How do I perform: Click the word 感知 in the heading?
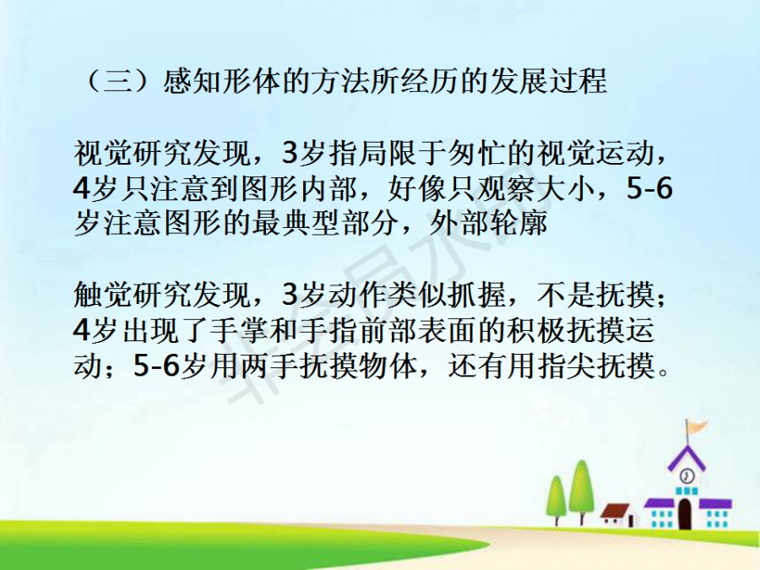192,81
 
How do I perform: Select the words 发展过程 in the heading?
548,81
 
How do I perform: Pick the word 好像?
417,188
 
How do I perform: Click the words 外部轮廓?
488,222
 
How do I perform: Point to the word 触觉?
103,294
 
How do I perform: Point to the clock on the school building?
687,475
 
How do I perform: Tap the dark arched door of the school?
684,513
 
